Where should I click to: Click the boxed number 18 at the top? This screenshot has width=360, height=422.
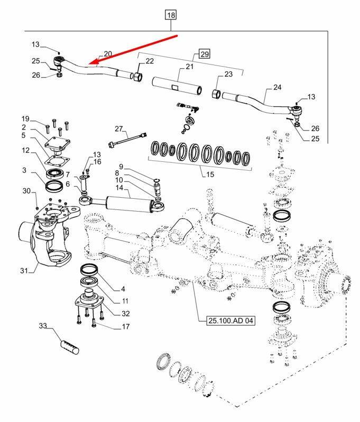[x=170, y=15]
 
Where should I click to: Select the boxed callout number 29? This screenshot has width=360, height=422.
[x=205, y=53]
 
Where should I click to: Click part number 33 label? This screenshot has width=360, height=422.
[x=43, y=326]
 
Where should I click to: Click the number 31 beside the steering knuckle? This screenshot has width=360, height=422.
[x=24, y=271]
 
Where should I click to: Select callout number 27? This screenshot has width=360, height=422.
[x=118, y=129]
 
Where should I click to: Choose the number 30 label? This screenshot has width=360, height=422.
[x=26, y=190]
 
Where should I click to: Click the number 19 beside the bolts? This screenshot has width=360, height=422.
[x=25, y=118]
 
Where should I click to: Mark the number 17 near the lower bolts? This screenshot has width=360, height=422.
[x=125, y=327]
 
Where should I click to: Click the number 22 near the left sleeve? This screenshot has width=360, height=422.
[x=150, y=61]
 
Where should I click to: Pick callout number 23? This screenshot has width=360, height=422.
[x=228, y=75]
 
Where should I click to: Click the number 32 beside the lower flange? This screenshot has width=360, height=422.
[x=125, y=313]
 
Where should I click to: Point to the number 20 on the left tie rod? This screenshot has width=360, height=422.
[x=108, y=54]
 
